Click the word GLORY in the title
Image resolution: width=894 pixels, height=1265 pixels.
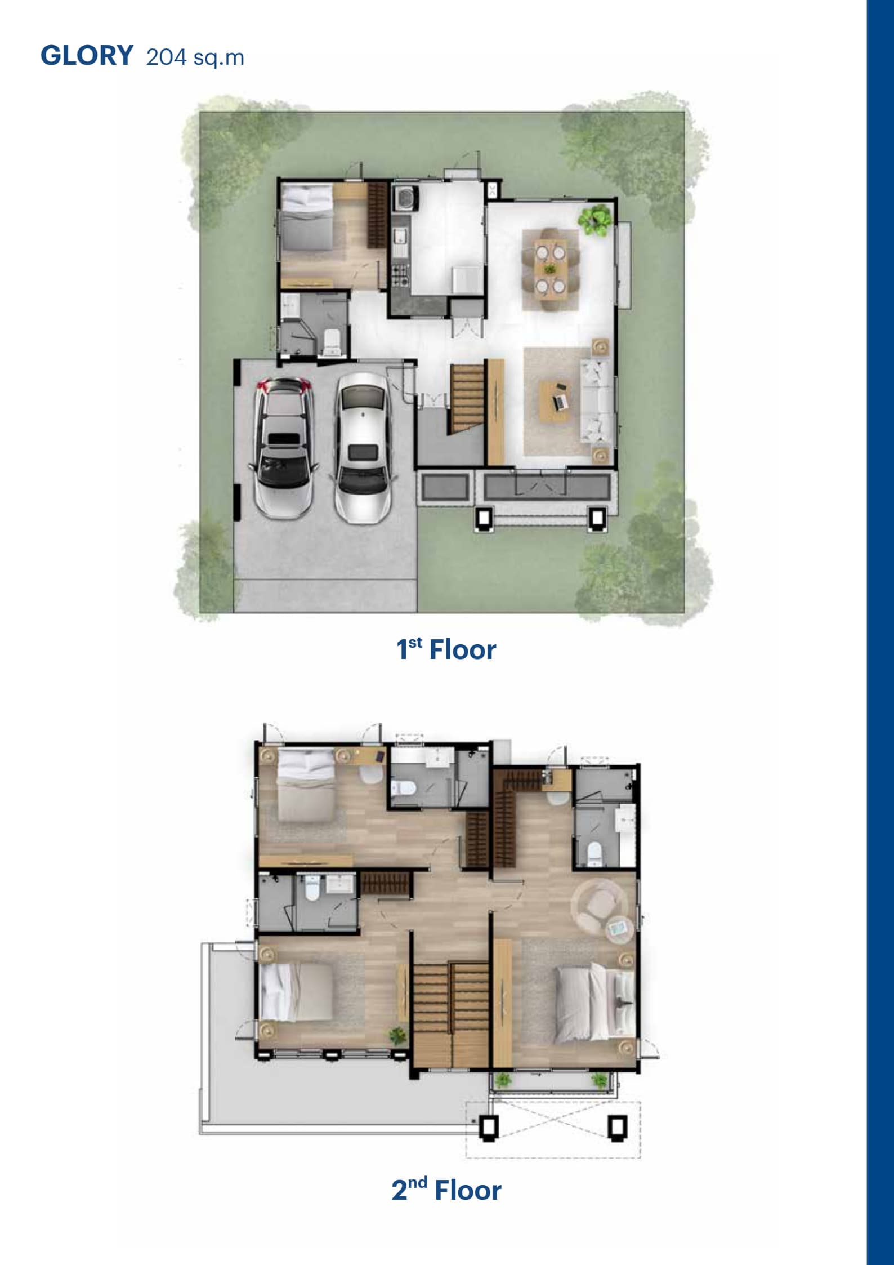pyautogui.click(x=87, y=56)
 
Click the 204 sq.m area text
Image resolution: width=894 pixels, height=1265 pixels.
pyautogui.click(x=195, y=57)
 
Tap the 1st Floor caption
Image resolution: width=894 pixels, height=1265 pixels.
pyautogui.click(x=446, y=649)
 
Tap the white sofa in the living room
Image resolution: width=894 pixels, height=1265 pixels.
pyautogui.click(x=597, y=400)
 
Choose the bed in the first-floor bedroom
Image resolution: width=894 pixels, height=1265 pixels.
pyautogui.click(x=307, y=219)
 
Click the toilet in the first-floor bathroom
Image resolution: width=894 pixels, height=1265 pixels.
pyautogui.click(x=332, y=342)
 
